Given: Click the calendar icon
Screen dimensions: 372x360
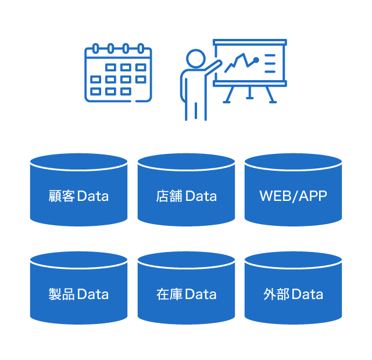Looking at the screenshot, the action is point(118,73).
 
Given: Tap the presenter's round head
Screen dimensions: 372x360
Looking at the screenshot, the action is point(196,59).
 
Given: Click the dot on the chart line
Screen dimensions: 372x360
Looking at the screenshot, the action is point(256,60).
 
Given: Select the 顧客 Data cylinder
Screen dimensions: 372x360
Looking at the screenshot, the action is point(79,190).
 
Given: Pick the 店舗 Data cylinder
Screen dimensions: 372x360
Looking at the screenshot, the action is point(186,190).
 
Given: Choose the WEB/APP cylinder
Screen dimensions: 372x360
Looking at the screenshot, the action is point(293,190).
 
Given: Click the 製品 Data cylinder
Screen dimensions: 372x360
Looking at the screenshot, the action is point(79,288).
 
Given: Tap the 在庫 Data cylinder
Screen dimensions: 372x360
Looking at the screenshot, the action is point(186,288).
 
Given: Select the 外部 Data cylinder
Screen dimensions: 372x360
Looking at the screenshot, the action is point(293,288).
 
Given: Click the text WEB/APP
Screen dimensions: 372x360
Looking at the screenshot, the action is point(293,196).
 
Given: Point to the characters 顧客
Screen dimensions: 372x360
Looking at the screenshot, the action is point(62,196).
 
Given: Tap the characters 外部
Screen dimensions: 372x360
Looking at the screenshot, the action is point(277,294).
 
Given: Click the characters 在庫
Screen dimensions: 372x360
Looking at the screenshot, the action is point(169,294).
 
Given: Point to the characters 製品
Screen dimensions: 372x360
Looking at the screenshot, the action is point(62,294).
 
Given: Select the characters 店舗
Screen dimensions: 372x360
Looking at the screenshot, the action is point(169,196).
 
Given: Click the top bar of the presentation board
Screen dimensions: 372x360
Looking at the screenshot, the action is point(250,42).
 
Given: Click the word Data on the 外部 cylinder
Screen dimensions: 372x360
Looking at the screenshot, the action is point(307,294).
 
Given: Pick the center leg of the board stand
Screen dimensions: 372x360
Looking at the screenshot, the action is point(249,92).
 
